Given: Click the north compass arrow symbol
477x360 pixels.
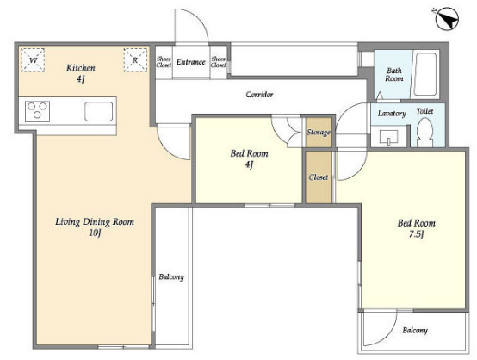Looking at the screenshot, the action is (x=446, y=19).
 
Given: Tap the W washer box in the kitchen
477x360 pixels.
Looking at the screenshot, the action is (x=33, y=60).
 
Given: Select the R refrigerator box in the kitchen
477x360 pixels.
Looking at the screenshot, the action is (x=135, y=60).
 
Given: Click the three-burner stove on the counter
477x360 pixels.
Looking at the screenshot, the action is (x=37, y=111).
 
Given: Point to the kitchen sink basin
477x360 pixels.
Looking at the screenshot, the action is (x=98, y=111).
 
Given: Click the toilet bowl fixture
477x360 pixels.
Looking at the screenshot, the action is (x=424, y=133).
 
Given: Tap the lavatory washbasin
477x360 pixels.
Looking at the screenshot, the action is (x=388, y=137).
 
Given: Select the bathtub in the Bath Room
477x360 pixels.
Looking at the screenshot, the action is (x=425, y=75).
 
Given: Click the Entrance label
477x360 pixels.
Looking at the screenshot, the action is (x=191, y=62).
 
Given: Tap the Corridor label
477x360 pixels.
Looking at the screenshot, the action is (x=259, y=95).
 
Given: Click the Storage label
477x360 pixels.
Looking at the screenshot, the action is (x=319, y=133).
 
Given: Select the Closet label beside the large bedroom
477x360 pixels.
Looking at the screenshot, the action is (x=319, y=177).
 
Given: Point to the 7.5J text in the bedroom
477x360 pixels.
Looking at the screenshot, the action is (x=417, y=234).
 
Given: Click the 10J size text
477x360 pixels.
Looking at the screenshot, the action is (x=95, y=233).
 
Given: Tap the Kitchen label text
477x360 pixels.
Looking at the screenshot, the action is (x=81, y=67).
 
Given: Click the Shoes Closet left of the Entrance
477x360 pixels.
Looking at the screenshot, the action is (x=164, y=62).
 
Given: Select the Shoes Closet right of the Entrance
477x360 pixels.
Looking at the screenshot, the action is (x=219, y=62).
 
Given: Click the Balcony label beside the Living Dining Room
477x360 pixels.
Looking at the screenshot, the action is (x=171, y=277).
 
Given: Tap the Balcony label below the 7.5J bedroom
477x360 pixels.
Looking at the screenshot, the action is (x=415, y=330).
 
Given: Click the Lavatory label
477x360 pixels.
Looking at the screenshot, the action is (x=392, y=114).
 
